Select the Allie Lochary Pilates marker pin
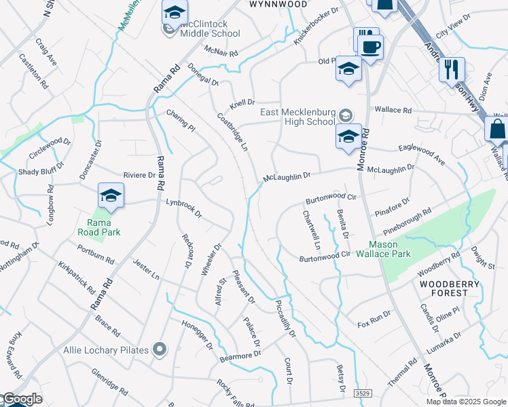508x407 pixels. click(x=160, y=349)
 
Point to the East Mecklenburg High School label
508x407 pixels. click(x=297, y=117)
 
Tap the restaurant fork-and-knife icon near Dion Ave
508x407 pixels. click(x=451, y=69)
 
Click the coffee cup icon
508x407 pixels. click(x=370, y=48)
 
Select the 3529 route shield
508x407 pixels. click(x=363, y=393)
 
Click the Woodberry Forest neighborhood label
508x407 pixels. click(x=443, y=288)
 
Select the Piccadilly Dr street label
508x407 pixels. click(x=286, y=318)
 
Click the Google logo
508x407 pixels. click(x=22, y=400)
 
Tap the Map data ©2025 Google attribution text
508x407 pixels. click(x=465, y=402)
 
